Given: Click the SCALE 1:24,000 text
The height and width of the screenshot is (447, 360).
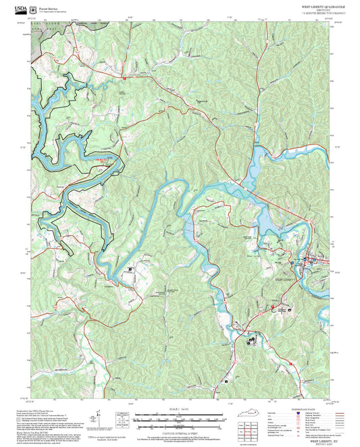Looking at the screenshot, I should [x=178, y=409].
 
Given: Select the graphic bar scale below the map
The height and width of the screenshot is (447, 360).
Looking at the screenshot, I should [x=178, y=417].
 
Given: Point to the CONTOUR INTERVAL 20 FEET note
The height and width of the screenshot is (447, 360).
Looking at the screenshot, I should [x=178, y=431].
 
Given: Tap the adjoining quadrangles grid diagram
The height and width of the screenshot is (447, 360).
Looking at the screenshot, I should [x=251, y=430].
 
